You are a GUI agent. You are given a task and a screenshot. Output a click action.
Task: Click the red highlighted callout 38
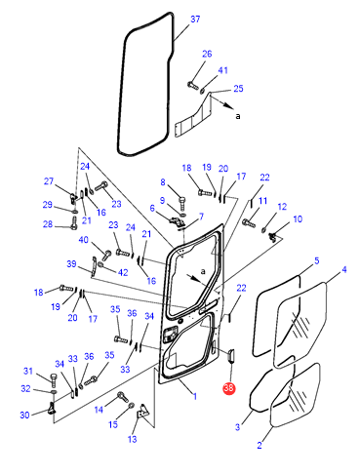click(228, 388)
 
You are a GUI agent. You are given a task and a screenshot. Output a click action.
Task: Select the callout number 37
click(195, 20)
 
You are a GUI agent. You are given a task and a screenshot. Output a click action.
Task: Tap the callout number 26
click(207, 54)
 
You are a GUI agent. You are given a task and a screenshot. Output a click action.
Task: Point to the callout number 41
click(222, 70)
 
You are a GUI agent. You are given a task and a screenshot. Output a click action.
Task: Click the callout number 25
click(238, 89)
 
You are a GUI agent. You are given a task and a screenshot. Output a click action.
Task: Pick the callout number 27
click(49, 181)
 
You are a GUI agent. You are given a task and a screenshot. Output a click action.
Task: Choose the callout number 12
click(282, 207)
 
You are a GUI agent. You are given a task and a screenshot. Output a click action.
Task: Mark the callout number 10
click(298, 219)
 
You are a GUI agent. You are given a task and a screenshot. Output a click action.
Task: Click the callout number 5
click(317, 260)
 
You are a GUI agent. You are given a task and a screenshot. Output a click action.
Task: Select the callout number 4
click(344, 269)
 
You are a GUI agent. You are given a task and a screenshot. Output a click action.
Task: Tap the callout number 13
click(132, 439)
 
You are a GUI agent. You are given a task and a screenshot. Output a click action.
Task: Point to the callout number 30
click(24, 415)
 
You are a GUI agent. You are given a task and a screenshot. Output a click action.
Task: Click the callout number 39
click(71, 263)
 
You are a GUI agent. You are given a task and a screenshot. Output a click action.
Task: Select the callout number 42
click(123, 272)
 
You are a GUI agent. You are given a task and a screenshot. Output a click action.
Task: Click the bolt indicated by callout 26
click(193, 86)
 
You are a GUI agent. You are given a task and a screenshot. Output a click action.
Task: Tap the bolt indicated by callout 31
click(54, 379)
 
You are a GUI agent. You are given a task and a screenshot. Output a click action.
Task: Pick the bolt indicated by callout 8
click(182, 203)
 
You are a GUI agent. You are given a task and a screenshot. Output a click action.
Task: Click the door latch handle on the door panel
click(170, 335)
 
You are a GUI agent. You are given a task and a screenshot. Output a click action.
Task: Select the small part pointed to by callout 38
click(231, 356)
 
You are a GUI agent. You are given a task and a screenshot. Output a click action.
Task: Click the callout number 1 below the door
click(195, 396)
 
